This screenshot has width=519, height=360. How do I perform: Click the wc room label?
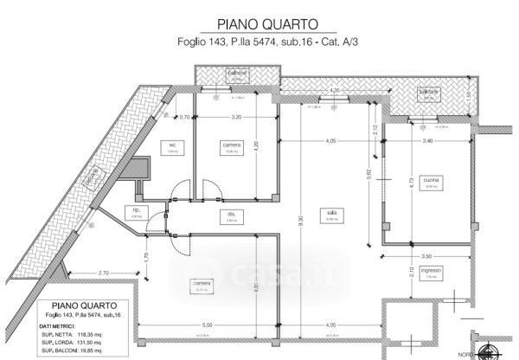pos(172,144)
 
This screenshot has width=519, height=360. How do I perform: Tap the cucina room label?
pos(431,180)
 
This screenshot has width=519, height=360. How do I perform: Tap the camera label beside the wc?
pos(231,144)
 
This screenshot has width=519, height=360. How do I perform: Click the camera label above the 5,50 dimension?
pos(202,283)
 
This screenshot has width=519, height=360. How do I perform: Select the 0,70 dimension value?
pos(184,116)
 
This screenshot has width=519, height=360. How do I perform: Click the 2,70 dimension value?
pos(102,274)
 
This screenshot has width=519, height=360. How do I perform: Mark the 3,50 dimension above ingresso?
pos(424,258)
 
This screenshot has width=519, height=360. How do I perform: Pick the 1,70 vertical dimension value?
pos(147,256)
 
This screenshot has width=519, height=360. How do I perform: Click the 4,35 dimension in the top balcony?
pos(335,90)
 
